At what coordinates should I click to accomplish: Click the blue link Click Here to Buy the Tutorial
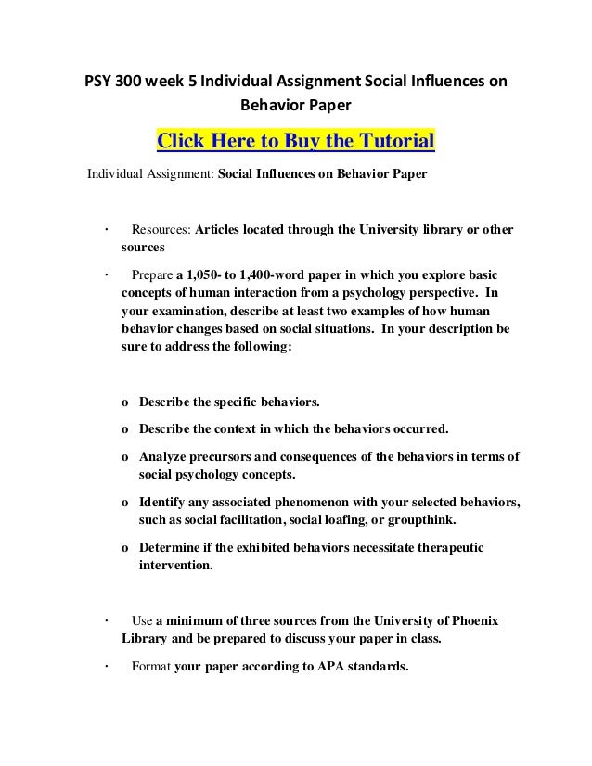pos(296,142)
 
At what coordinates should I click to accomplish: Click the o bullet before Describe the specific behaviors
pos(125,404)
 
